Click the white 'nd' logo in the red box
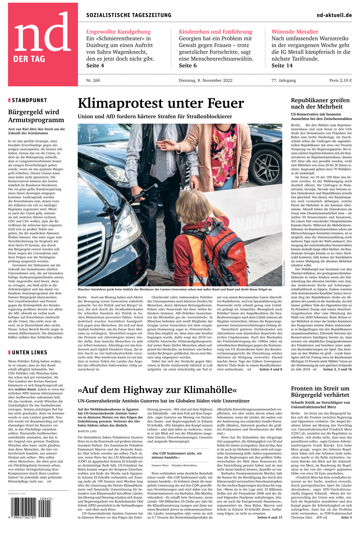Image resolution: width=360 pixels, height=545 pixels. [43, 33]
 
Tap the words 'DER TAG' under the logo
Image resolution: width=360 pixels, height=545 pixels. [29, 59]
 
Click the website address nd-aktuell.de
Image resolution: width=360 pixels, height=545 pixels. [334, 15]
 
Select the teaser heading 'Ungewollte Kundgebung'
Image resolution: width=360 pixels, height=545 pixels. [118, 32]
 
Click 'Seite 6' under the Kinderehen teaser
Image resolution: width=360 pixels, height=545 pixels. [188, 66]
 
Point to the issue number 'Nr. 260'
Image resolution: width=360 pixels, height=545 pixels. [93, 80]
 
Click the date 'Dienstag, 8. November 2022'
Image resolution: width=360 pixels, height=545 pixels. [205, 80]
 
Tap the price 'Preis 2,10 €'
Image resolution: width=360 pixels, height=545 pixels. [340, 80]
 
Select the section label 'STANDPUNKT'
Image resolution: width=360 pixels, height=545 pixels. [29, 100]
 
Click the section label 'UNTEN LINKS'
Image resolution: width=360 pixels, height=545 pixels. [29, 352]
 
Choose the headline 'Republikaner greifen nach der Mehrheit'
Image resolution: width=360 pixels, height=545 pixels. [320, 103]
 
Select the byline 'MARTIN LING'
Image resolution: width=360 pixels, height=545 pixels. [87, 431]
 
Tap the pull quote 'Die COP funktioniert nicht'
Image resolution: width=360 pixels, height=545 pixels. [177, 455]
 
